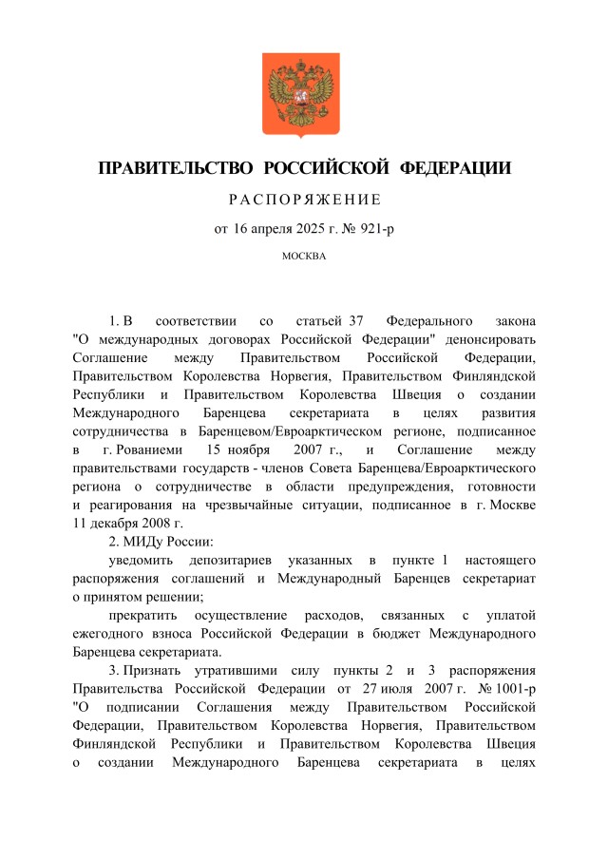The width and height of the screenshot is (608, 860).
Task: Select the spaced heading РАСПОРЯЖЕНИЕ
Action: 303,200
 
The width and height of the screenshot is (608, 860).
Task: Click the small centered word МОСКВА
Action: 303,256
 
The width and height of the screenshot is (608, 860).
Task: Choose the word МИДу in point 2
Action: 142,542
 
